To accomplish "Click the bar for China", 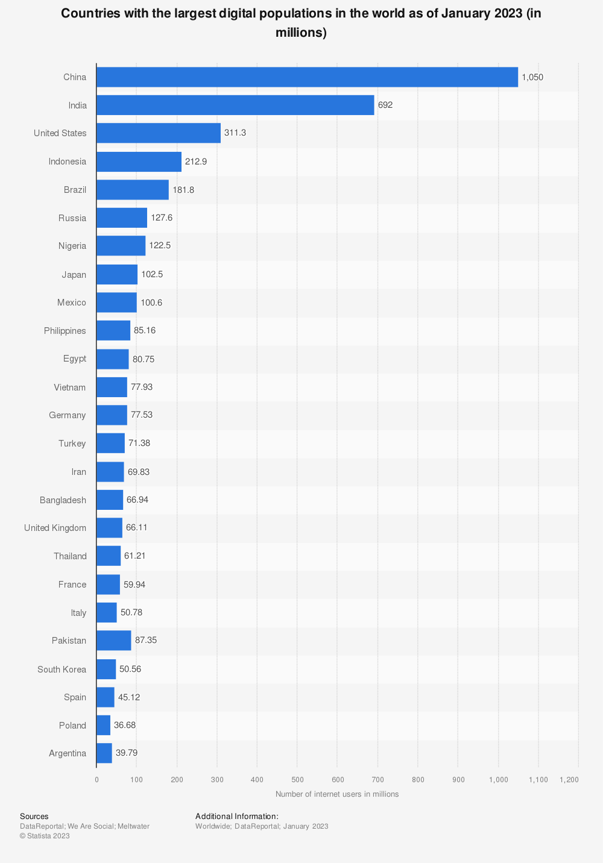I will (307, 77).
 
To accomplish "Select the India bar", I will (235, 105).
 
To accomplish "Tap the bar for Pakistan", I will (113, 641).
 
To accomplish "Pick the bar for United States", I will (159, 133).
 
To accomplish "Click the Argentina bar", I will (104, 753).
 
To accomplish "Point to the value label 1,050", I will (532, 77).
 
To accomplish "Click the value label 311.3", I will (235, 133).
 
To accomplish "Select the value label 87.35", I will (146, 641).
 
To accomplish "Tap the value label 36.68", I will (125, 725).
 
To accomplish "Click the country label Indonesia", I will (68, 162).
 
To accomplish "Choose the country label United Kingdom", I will (55, 528).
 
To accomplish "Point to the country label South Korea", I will (62, 669).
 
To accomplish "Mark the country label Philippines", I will (65, 331).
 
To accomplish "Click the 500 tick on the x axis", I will (297, 780).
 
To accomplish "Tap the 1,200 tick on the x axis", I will (569, 780).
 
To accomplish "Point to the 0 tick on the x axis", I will (96, 780).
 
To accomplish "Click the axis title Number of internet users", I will (337, 794).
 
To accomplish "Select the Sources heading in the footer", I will (34, 817).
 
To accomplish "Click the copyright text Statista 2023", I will (45, 836).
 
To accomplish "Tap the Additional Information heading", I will (237, 817).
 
